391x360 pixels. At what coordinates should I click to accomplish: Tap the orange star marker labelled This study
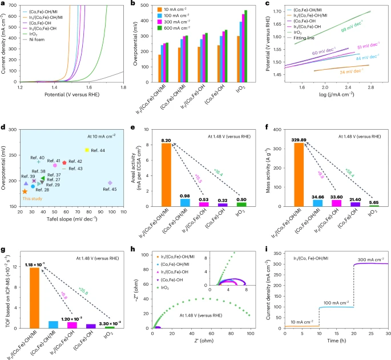(25, 191)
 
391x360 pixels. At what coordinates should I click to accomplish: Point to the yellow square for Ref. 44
(87, 150)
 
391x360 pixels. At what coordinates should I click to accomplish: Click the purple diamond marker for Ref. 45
(111, 183)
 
